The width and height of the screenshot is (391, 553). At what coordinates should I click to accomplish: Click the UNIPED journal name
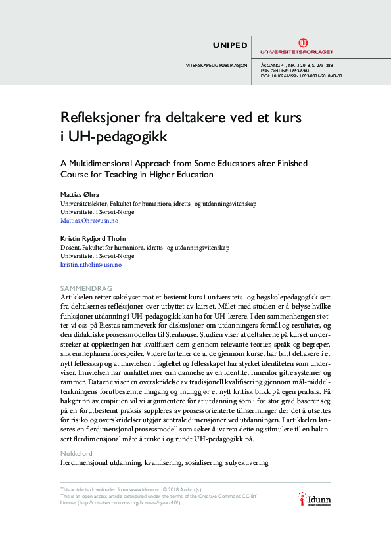230,45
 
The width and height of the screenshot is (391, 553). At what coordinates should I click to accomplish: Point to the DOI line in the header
301,76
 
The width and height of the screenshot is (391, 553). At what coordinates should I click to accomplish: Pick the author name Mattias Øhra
78,194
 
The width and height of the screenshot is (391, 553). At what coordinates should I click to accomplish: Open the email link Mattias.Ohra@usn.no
89,221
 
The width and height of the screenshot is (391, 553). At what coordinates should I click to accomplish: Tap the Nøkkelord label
76,453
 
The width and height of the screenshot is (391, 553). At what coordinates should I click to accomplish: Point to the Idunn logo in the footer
313,500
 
